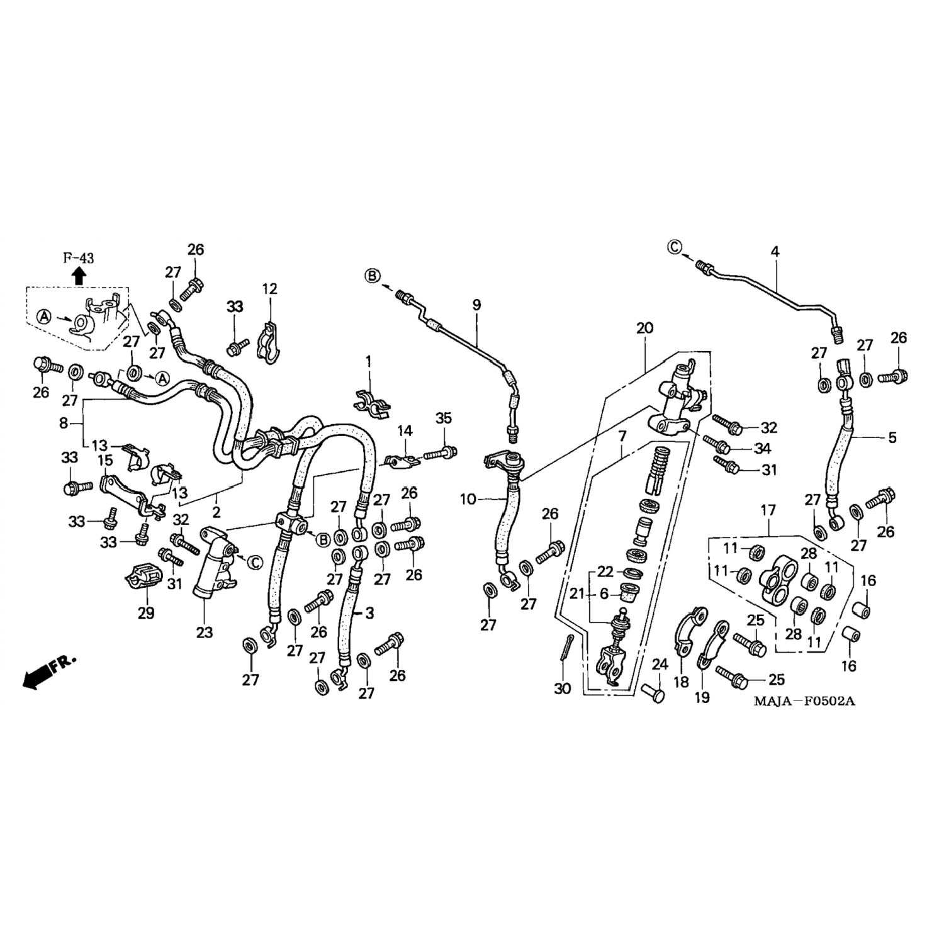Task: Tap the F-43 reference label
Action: (78, 257)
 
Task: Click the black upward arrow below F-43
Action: (79, 275)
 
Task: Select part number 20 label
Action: (644, 328)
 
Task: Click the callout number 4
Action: (775, 252)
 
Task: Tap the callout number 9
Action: (476, 305)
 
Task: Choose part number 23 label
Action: (205, 632)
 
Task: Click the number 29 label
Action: (146, 612)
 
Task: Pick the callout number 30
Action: (563, 688)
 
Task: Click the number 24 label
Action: (660, 664)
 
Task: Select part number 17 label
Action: (768, 510)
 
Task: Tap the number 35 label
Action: (444, 419)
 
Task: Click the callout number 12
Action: (269, 289)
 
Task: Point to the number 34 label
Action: (763, 448)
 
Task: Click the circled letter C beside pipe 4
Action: (675, 247)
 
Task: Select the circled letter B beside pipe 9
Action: (372, 276)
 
